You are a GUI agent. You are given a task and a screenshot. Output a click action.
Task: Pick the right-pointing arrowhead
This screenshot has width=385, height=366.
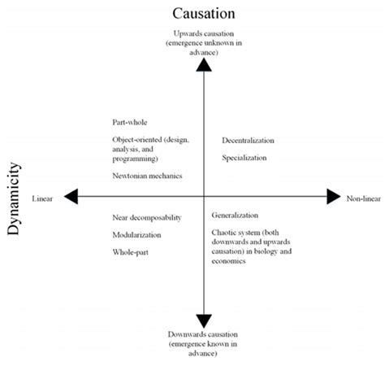[x=333, y=196]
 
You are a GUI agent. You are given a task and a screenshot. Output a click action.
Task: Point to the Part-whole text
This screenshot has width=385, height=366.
[x=129, y=123]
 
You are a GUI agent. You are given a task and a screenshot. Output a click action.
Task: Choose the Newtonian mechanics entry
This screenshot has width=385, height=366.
[x=148, y=176]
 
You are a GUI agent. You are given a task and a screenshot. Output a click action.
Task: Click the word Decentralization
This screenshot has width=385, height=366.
[x=248, y=141]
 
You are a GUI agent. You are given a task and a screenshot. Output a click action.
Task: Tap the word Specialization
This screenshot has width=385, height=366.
[x=244, y=158]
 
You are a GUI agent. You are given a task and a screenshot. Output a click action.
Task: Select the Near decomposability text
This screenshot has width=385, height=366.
[x=147, y=217]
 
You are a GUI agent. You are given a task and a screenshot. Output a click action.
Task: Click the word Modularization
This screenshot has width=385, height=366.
[x=136, y=235]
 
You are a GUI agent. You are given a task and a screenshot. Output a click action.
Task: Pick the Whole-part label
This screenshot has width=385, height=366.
[x=130, y=252]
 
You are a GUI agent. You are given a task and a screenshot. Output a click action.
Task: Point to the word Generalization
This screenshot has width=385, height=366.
[x=235, y=216]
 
